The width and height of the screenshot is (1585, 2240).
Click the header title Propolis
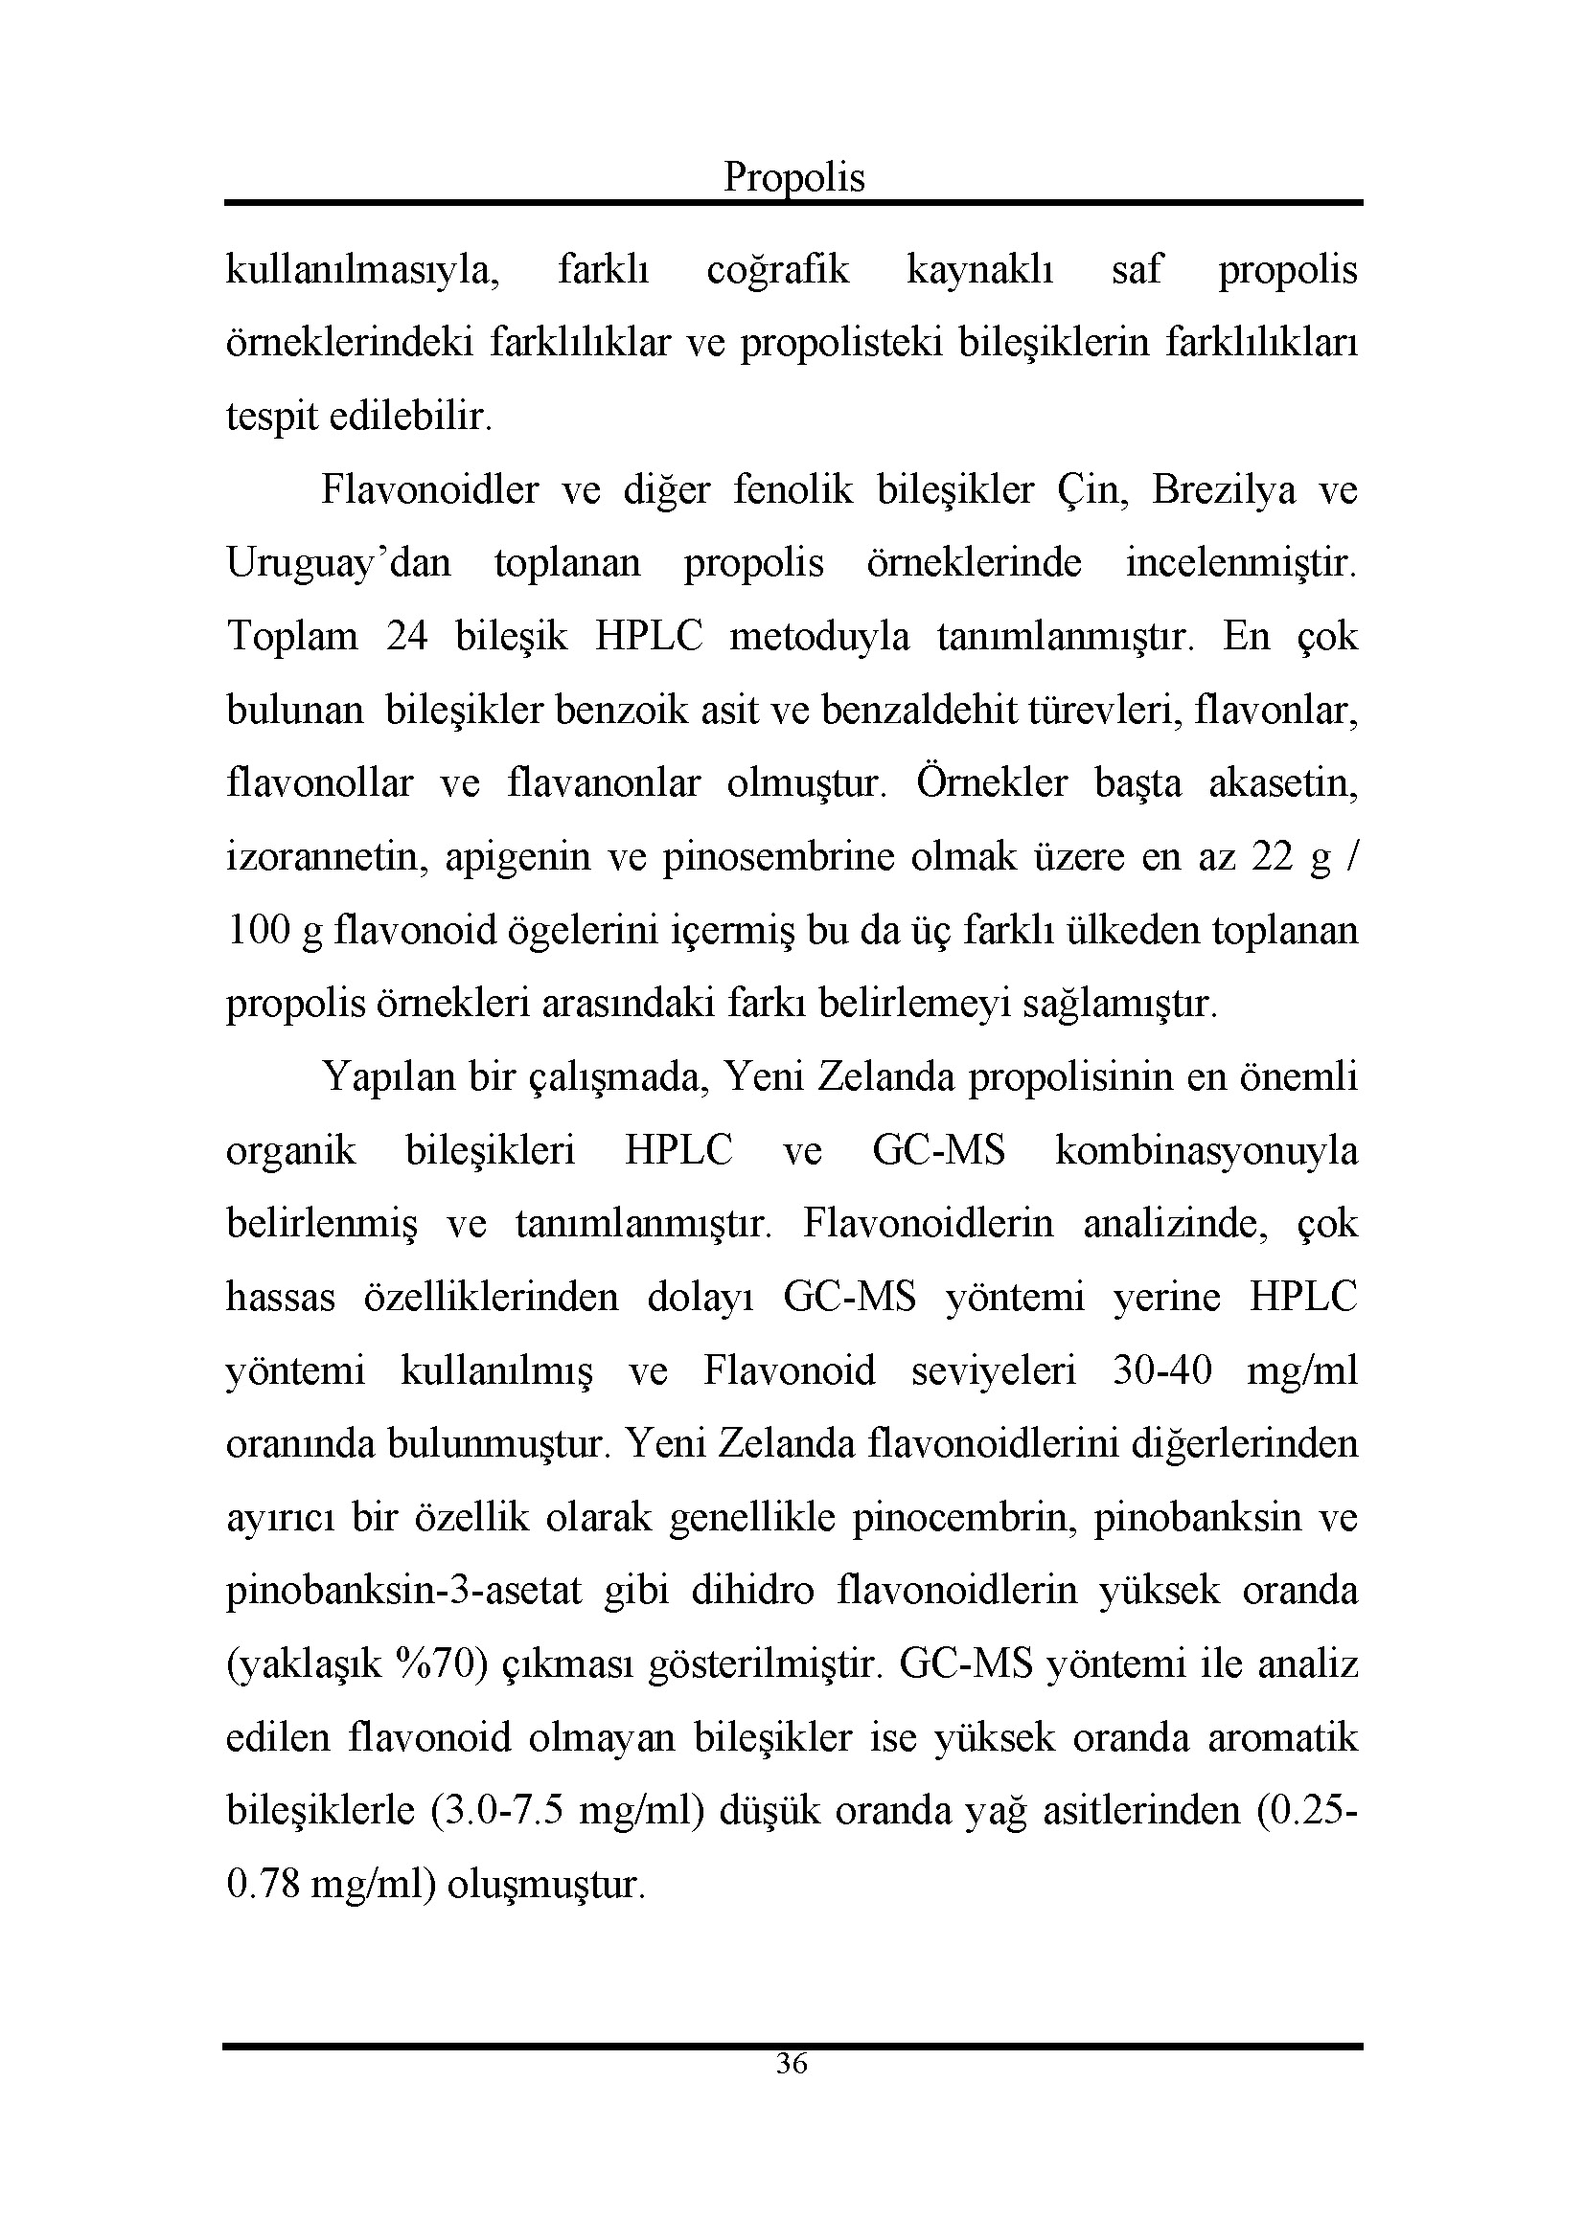point(793,177)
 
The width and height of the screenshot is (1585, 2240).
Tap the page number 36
point(792,2064)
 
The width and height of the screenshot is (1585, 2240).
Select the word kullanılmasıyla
point(362,270)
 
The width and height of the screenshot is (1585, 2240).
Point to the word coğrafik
point(778,270)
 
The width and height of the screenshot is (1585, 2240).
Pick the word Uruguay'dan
point(338,563)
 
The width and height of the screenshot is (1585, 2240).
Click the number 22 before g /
point(1273,856)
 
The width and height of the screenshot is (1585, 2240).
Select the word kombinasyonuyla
point(1206,1151)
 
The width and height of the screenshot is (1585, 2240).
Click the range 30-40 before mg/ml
point(1161,1370)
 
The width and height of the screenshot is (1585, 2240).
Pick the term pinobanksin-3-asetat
point(404,1592)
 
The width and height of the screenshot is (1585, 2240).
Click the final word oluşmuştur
point(545,1885)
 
